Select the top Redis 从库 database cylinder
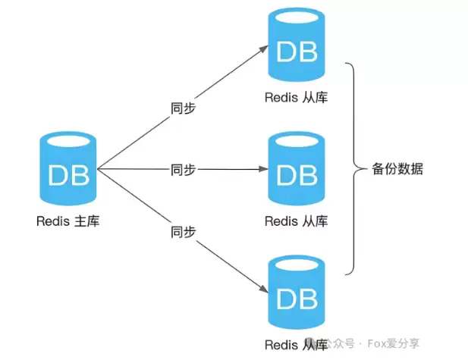point(297,49)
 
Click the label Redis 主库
point(68,221)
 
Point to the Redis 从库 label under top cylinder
point(297,98)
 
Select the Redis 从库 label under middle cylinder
point(297,221)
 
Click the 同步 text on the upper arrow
point(183,108)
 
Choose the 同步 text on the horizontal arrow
point(183,169)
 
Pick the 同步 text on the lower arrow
point(183,230)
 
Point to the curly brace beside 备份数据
point(353,168)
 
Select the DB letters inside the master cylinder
point(68,175)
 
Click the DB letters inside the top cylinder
point(297,52)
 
